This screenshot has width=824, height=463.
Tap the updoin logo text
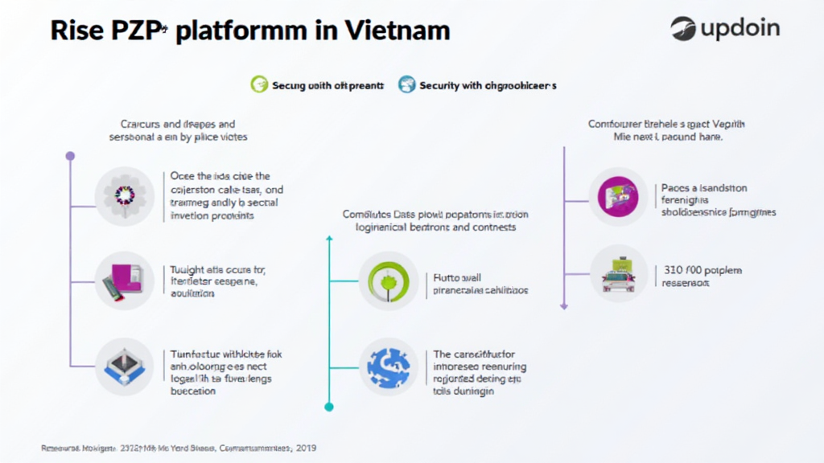(x=740, y=29)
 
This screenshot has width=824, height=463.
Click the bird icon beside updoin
(x=683, y=29)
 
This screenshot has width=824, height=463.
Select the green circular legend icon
(x=258, y=84)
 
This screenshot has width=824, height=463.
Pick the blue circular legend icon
(x=407, y=84)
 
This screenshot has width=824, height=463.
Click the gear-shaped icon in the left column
(x=124, y=195)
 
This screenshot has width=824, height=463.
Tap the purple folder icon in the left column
(x=124, y=281)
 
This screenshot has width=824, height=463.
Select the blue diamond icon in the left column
(x=124, y=367)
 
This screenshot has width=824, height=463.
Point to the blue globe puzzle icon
(x=388, y=367)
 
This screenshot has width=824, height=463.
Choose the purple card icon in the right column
(x=617, y=196)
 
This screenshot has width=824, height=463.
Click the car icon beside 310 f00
(x=617, y=274)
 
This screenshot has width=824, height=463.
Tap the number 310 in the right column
(x=675, y=269)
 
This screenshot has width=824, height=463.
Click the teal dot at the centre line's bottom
(x=328, y=407)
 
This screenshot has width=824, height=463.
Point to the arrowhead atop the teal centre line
(x=328, y=239)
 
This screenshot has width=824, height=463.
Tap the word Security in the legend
(x=439, y=85)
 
